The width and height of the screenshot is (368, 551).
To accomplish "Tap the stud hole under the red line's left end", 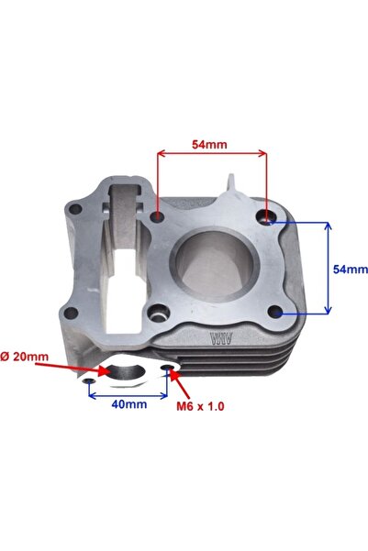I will click(159, 217).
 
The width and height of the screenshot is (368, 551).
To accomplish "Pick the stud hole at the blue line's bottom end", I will click(280, 313).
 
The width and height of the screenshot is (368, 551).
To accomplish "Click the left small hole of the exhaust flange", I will click(89, 380).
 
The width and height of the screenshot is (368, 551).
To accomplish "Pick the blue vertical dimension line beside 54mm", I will click(329, 268).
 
